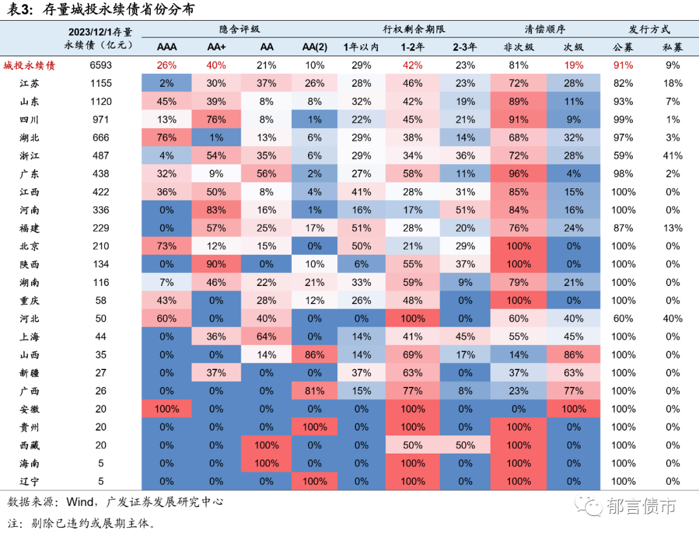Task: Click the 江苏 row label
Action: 29,83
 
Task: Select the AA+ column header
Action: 216,47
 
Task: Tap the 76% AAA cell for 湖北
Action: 166,138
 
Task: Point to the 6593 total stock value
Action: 101,65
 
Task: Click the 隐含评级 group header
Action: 241,30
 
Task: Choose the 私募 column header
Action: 672,47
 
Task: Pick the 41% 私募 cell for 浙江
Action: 672,156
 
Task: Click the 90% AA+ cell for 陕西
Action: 216,264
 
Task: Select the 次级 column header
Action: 573,47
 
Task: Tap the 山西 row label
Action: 29,355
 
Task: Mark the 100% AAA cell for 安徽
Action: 166,409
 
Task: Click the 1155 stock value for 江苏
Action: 101,83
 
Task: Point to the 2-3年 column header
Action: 465,47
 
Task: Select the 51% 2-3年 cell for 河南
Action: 465,210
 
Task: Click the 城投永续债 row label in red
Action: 29,65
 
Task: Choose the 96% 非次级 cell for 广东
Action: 518,174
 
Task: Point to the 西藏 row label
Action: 29,445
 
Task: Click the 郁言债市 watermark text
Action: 641,507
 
